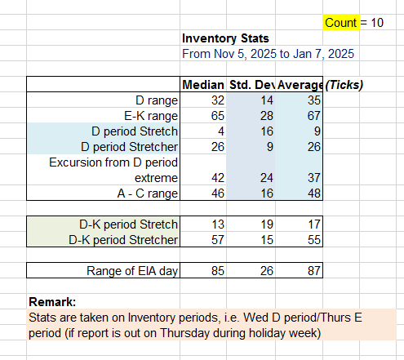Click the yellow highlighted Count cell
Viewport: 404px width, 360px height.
[x=341, y=22]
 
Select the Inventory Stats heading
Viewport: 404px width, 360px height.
[x=225, y=38]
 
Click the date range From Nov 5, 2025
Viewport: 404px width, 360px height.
[x=268, y=54]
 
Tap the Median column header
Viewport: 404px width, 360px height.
[x=203, y=85]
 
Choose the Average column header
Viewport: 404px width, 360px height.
[x=300, y=85]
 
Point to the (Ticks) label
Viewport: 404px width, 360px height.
[x=344, y=85]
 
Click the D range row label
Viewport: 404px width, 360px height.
[x=157, y=100]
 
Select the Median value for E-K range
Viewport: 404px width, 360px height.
[x=218, y=116]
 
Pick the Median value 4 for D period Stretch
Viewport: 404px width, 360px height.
[x=221, y=131]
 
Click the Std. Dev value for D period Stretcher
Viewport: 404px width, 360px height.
[x=269, y=147]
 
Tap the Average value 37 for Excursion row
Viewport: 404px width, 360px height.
[x=314, y=178]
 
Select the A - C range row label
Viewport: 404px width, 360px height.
[x=148, y=193]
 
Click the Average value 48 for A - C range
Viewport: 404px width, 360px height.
[x=314, y=193]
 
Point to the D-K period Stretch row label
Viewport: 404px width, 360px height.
[x=128, y=224]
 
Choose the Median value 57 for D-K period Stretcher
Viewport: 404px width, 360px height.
[x=218, y=240]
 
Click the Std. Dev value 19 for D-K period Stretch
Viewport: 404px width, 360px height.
[x=267, y=224]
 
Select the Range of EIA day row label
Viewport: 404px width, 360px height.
[x=132, y=271]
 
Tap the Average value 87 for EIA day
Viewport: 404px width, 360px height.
[x=314, y=271]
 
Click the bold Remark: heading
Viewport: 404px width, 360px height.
[x=52, y=302]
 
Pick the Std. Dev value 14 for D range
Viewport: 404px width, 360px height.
[x=267, y=100]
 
